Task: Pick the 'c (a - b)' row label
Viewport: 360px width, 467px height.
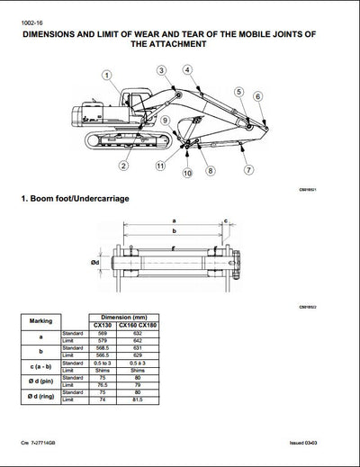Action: pyautogui.click(x=44, y=366)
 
